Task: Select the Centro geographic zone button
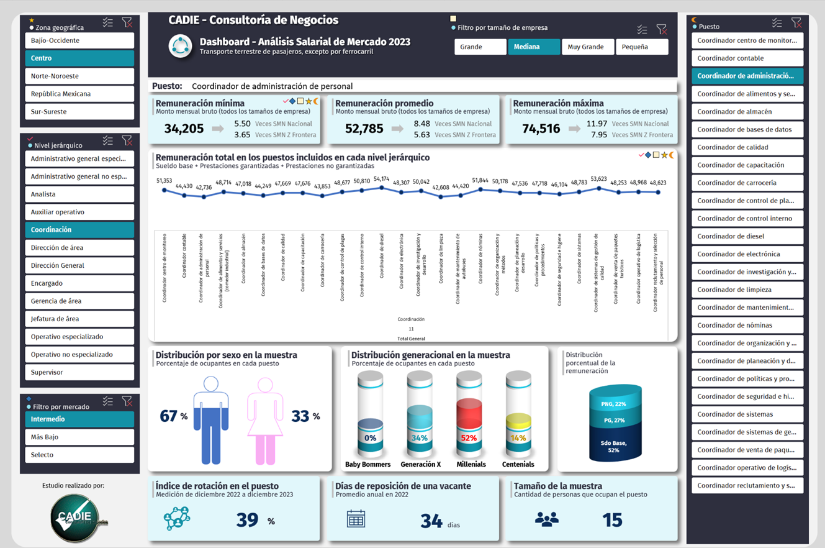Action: (x=79, y=58)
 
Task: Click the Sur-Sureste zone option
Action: (x=79, y=112)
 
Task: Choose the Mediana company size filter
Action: (x=533, y=47)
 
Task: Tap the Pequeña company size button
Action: (x=641, y=47)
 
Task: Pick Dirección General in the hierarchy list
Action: (x=79, y=265)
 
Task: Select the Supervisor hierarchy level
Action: (x=79, y=372)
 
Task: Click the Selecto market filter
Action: (x=79, y=455)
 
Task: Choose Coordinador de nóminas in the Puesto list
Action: (x=747, y=325)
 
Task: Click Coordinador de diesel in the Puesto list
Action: (x=747, y=236)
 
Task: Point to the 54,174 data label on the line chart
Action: (x=382, y=179)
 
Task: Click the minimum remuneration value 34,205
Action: (x=184, y=129)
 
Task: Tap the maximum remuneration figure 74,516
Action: (x=541, y=129)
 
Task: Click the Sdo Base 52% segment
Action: (x=613, y=446)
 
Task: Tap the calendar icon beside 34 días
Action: (x=356, y=519)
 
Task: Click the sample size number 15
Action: (x=612, y=519)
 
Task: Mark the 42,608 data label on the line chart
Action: (x=441, y=186)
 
